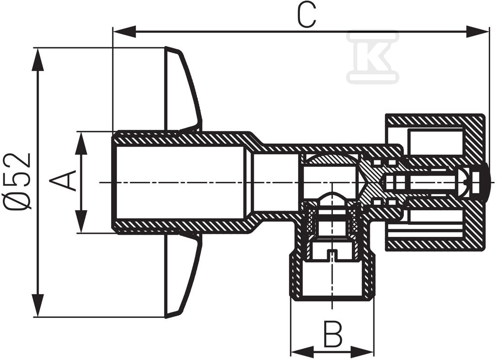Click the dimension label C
(x=307, y=16)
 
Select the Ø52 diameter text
(x=21, y=180)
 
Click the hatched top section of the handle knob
(x=434, y=122)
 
